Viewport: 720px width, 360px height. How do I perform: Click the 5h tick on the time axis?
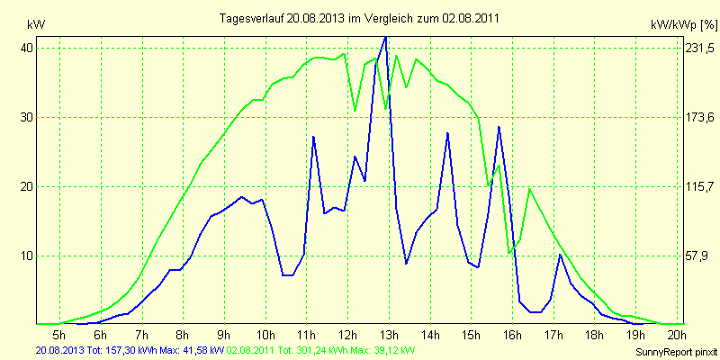point(59,335)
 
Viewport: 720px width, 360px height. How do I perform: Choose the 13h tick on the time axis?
point(388,335)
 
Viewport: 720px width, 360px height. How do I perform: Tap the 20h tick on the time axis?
point(675,335)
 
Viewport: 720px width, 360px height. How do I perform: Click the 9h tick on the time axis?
point(223,335)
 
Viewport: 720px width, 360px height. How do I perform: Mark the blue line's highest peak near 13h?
point(386,37)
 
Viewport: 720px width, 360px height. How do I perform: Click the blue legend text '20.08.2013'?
point(62,349)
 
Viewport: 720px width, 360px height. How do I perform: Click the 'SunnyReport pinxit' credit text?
point(670,351)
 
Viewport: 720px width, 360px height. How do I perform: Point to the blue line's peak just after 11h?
point(313,137)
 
